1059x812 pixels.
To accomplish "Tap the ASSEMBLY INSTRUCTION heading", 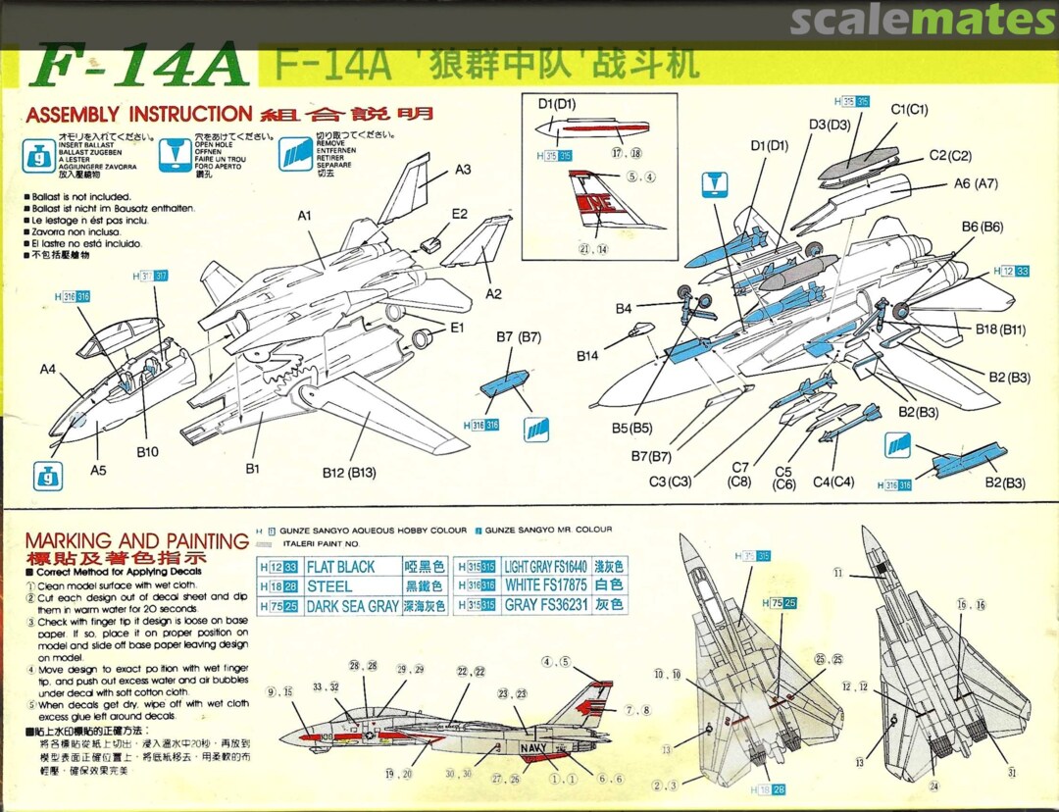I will pos(139,115).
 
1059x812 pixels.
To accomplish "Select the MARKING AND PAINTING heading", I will pos(136,541).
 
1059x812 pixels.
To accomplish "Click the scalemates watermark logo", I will pos(922,20).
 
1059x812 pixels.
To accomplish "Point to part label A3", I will pos(463,170).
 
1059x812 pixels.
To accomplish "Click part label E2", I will pos(459,214).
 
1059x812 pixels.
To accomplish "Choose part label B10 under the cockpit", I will pos(147,452).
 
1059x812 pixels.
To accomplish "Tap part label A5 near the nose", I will pos(98,470).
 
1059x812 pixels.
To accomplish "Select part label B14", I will pos(587,354).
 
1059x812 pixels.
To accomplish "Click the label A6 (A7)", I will pos(976,183).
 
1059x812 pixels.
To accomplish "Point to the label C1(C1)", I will pos(909,109).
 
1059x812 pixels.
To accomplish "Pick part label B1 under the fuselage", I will pos(252,469).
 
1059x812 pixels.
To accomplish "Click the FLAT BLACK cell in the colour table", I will pos(340,567).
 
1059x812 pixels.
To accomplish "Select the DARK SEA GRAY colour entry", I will pos(352,606).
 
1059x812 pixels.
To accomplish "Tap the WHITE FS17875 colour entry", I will pos(545,585).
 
